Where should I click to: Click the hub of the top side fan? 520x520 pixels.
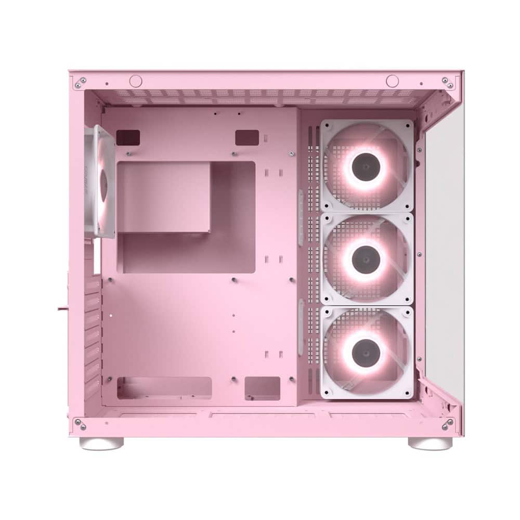(x=367, y=167)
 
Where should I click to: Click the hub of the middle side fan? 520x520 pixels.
(x=367, y=258)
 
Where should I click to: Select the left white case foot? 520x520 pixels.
(x=101, y=443)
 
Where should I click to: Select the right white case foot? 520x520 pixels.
(x=430, y=443)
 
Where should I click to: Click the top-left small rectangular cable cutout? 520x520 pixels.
(x=128, y=138)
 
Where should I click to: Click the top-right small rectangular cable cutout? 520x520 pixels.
(x=247, y=138)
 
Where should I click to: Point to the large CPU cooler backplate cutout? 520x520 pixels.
(x=186, y=217)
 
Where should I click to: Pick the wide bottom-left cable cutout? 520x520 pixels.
(x=164, y=388)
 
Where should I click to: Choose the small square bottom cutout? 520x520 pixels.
(x=263, y=388)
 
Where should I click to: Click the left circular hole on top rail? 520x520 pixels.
(x=136, y=81)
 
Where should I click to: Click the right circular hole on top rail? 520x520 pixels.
(x=392, y=81)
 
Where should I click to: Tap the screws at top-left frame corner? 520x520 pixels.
(x=80, y=82)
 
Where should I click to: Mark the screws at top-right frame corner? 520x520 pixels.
(x=447, y=82)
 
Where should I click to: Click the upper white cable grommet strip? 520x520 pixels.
(x=301, y=217)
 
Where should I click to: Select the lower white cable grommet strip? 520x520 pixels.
(x=301, y=328)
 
